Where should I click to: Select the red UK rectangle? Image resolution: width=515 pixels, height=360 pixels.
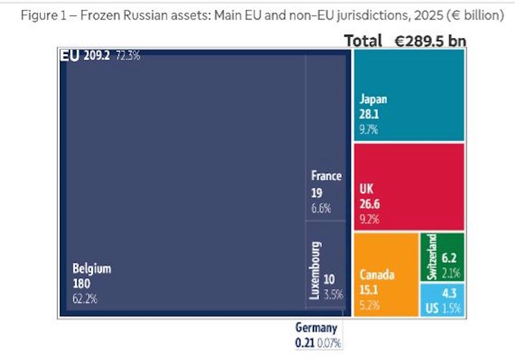click(409, 187)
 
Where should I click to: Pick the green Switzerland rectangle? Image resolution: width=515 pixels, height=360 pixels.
click(442, 257)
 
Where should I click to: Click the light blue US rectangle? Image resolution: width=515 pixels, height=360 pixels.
click(442, 300)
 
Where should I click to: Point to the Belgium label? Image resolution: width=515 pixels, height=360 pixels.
click(91, 269)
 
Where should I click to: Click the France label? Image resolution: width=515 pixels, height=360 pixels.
click(326, 176)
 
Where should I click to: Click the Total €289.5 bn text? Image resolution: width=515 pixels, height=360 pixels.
click(405, 41)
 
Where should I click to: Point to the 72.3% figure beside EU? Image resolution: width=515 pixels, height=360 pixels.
click(128, 56)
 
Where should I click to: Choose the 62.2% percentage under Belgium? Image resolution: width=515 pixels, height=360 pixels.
click(85, 298)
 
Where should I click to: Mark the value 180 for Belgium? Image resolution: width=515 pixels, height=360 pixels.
click(82, 283)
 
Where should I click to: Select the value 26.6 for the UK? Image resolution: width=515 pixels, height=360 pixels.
click(371, 205)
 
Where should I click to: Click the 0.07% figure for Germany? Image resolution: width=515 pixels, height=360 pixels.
click(328, 342)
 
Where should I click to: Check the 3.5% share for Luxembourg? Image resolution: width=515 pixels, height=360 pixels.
click(333, 295)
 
